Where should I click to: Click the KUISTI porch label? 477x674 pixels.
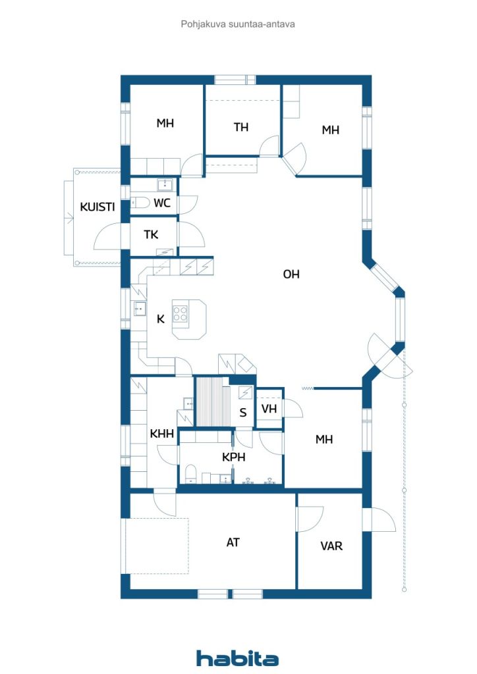pos(98,207)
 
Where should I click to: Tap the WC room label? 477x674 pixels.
pos(161,203)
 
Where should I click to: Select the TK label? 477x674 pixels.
pos(151,234)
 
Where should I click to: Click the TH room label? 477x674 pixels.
pos(241,127)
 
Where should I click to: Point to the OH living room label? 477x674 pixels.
pos(291,274)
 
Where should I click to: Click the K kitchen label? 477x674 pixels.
pos(161,319)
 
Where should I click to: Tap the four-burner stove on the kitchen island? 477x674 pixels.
pos(181,314)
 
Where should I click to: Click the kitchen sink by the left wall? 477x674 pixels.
pos(140,309)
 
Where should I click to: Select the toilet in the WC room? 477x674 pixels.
pos(140,202)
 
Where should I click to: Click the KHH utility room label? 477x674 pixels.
pos(161,434)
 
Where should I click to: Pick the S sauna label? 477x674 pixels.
pos(243,413)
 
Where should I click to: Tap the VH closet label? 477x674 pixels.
pos(269,408)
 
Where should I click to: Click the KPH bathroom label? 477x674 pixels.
pos(233,457)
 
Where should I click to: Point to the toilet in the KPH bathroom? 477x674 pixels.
pos(190,473)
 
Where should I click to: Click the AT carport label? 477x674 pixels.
pos(233,542)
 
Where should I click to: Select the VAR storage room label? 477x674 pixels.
pos(331,546)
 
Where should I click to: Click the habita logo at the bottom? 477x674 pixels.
pos(237,658)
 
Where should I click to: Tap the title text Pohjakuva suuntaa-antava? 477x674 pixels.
pos(238,24)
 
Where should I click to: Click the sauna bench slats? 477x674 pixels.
pos(213,402)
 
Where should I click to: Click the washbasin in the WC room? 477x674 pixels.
pos(165,185)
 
